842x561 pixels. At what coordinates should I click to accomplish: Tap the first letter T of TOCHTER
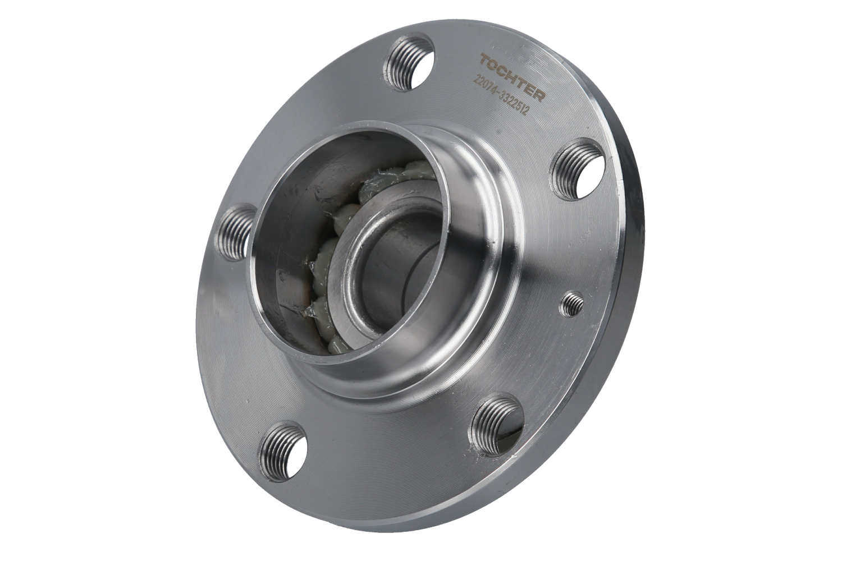pyautogui.click(x=485, y=60)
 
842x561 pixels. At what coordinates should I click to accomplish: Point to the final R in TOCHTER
pyautogui.click(x=539, y=95)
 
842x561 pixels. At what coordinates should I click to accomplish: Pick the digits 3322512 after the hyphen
pyautogui.click(x=514, y=104)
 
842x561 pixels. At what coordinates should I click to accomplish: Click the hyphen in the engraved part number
pyautogui.click(x=498, y=93)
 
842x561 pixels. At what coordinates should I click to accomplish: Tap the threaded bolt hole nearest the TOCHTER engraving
pyautogui.click(x=410, y=62)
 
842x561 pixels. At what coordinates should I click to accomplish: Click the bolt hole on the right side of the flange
pyautogui.click(x=578, y=169)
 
